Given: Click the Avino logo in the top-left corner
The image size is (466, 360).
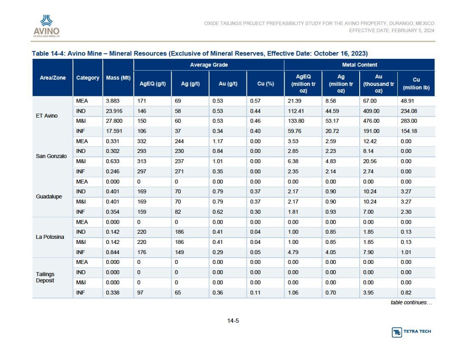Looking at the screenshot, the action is pyautogui.click(x=47, y=26).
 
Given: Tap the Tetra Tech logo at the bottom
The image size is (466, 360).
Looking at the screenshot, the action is pyautogui.click(x=411, y=332).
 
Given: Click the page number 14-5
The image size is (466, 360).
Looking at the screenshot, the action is pyautogui.click(x=233, y=321).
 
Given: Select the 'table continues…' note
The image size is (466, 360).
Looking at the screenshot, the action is pyautogui.click(x=411, y=303).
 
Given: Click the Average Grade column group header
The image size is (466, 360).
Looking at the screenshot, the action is pyautogui.click(x=209, y=65).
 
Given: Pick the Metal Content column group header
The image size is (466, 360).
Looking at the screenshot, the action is pyautogui.click(x=360, y=65).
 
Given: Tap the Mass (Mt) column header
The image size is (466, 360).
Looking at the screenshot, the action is pyautogui.click(x=118, y=78).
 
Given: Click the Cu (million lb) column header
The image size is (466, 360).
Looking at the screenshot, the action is pyautogui.click(x=416, y=83).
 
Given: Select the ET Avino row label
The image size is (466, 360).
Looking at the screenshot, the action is pyautogui.click(x=47, y=116).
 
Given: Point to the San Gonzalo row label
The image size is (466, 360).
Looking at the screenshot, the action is pyautogui.click(x=51, y=156).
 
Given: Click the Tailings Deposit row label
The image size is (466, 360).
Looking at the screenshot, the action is pyautogui.click(x=45, y=277).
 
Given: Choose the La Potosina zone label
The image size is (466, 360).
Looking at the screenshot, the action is pyautogui.click(x=50, y=237).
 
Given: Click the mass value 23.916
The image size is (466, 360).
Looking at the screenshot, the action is pyautogui.click(x=114, y=111).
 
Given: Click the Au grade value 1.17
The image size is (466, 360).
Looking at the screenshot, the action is pyautogui.click(x=218, y=141).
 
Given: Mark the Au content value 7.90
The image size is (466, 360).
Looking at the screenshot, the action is pyautogui.click(x=368, y=252).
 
